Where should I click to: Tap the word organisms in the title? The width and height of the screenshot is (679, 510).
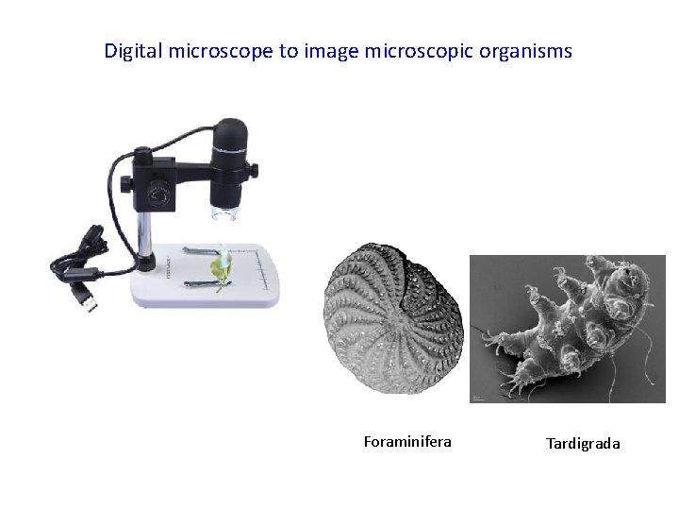click(525, 51)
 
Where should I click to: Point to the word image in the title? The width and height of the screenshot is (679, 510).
click(331, 51)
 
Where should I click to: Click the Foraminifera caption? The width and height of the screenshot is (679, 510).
click(407, 441)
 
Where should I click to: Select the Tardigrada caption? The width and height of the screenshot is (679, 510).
click(583, 443)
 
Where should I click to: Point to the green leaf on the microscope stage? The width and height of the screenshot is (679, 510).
click(220, 269)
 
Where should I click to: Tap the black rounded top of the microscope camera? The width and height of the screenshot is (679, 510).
click(229, 127)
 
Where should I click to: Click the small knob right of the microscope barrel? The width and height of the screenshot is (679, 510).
click(253, 170)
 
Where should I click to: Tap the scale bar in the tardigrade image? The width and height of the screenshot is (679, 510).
click(477, 398)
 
